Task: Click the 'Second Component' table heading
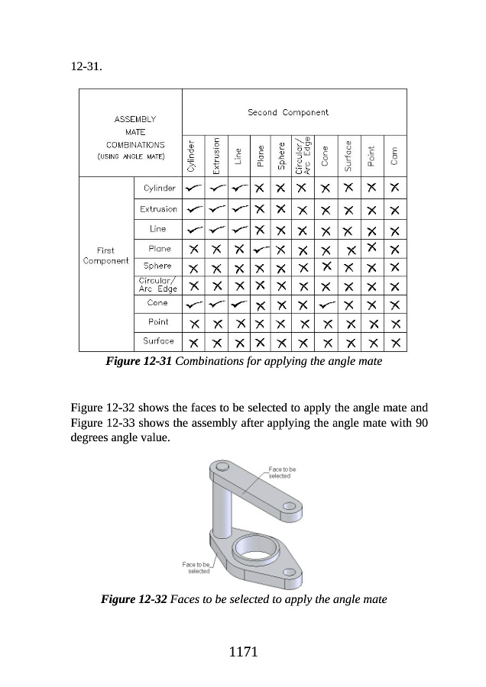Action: click(288, 112)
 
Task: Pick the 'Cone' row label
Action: click(157, 303)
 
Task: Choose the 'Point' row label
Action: click(158, 322)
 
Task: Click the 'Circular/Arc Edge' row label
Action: click(157, 285)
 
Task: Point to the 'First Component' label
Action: click(105, 256)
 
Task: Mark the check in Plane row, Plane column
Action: click(261, 248)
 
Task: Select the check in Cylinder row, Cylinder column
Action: click(194, 188)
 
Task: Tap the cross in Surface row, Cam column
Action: click(394, 342)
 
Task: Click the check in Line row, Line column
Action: click(238, 229)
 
